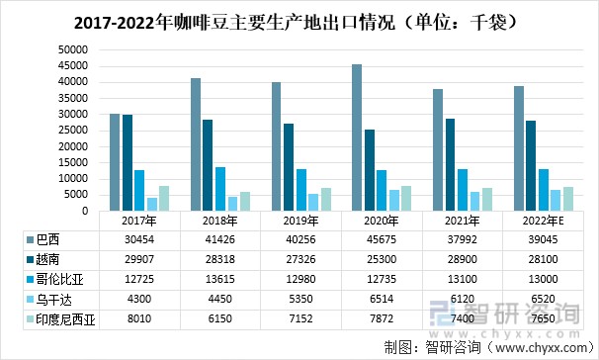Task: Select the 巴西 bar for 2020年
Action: click(356, 138)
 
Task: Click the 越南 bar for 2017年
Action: click(128, 163)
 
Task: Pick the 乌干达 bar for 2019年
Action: click(313, 203)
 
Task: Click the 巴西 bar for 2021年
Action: click(437, 150)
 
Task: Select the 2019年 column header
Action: click(300, 222)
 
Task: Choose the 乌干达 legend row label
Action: click(53, 297)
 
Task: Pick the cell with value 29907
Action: click(138, 259)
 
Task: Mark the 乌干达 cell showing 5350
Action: click(300, 297)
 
